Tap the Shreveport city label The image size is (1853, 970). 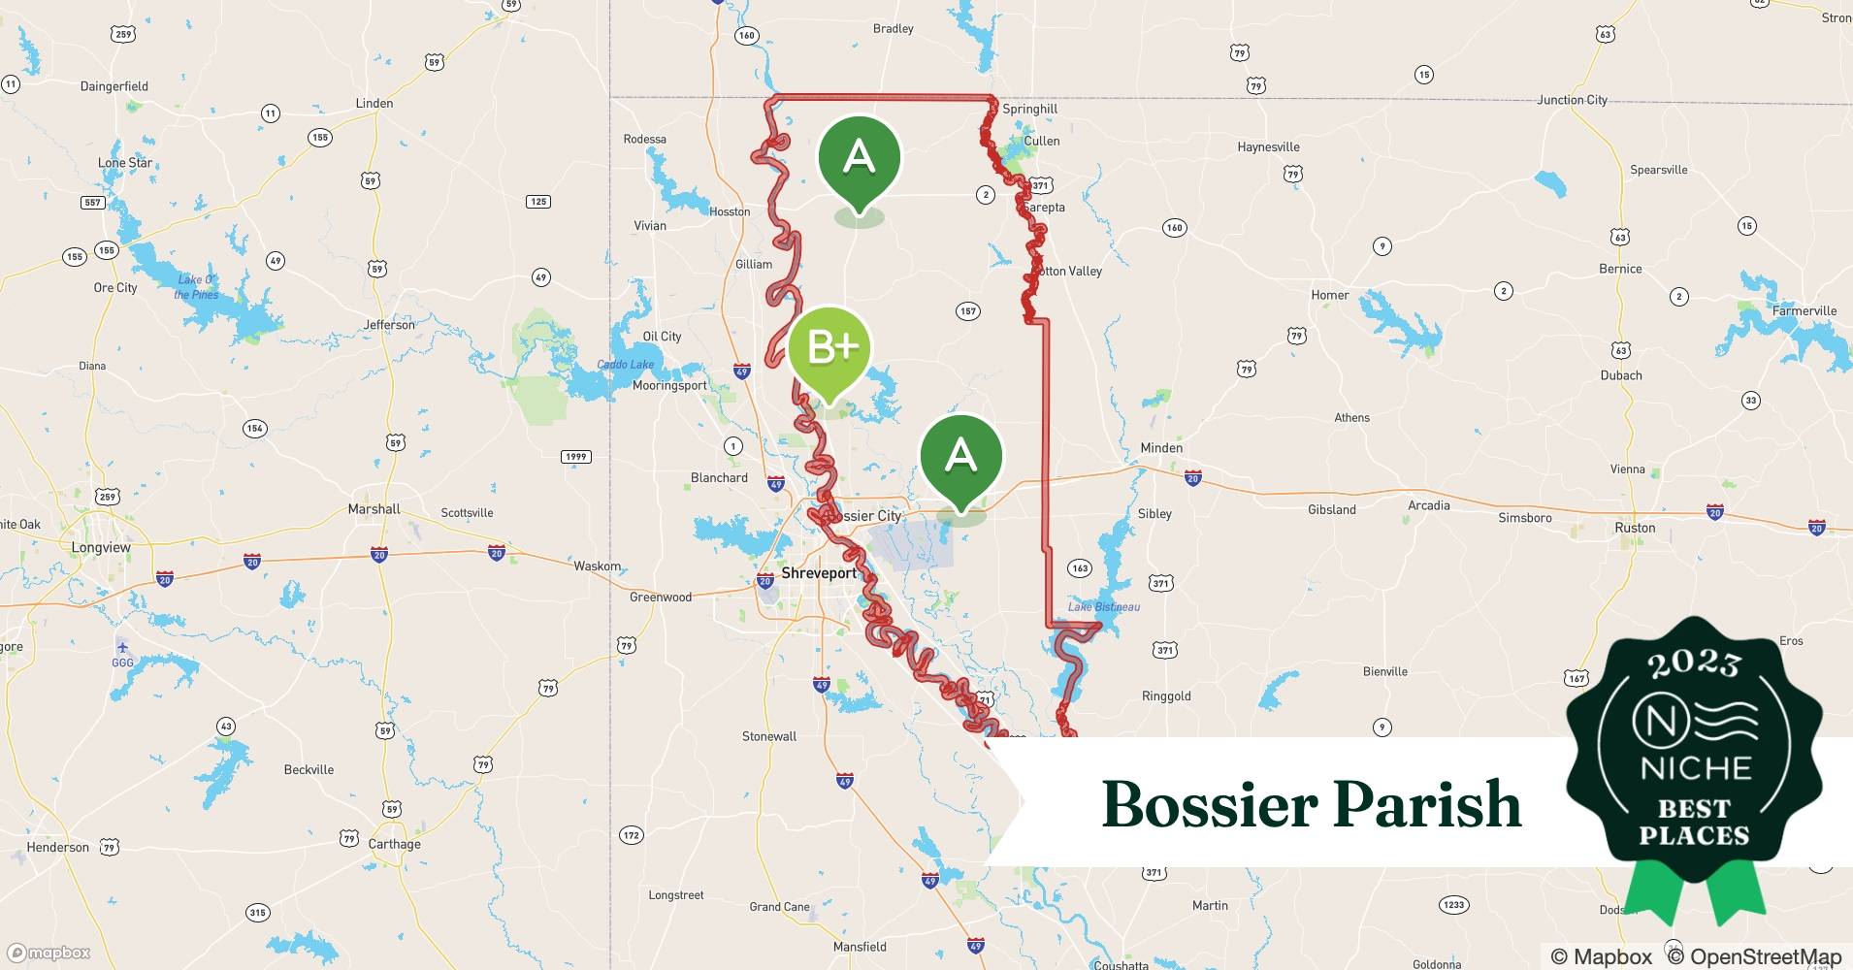(819, 573)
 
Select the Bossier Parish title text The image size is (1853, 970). (1312, 804)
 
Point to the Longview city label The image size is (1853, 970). (101, 548)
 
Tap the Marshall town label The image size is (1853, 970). (374, 509)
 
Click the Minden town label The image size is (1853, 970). (1161, 448)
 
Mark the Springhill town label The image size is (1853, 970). (1029, 110)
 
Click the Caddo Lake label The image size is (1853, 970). (625, 365)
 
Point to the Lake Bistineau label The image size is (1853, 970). (1104, 607)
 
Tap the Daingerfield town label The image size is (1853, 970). (114, 86)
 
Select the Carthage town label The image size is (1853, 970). (394, 844)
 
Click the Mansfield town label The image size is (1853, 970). (860, 947)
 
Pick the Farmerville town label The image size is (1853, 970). (1804, 311)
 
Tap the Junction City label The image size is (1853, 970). (1572, 100)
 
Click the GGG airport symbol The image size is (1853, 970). (122, 648)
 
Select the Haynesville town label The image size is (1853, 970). (1268, 147)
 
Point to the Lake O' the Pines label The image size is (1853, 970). (196, 287)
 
